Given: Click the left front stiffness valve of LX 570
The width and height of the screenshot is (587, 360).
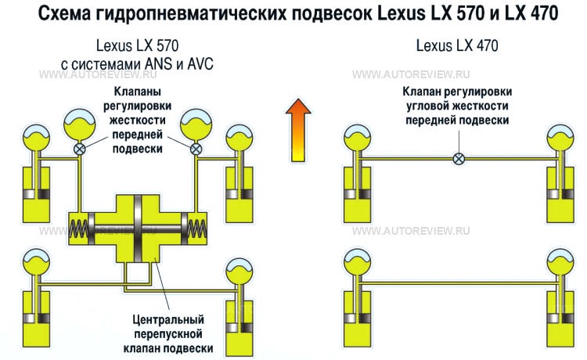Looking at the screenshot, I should [x=79, y=149].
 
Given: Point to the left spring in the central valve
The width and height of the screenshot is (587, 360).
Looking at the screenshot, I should [x=81, y=230].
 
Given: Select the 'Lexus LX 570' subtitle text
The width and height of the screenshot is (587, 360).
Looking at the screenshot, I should [x=136, y=46].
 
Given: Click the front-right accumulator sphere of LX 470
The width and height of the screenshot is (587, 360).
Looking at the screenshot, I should [x=563, y=139].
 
